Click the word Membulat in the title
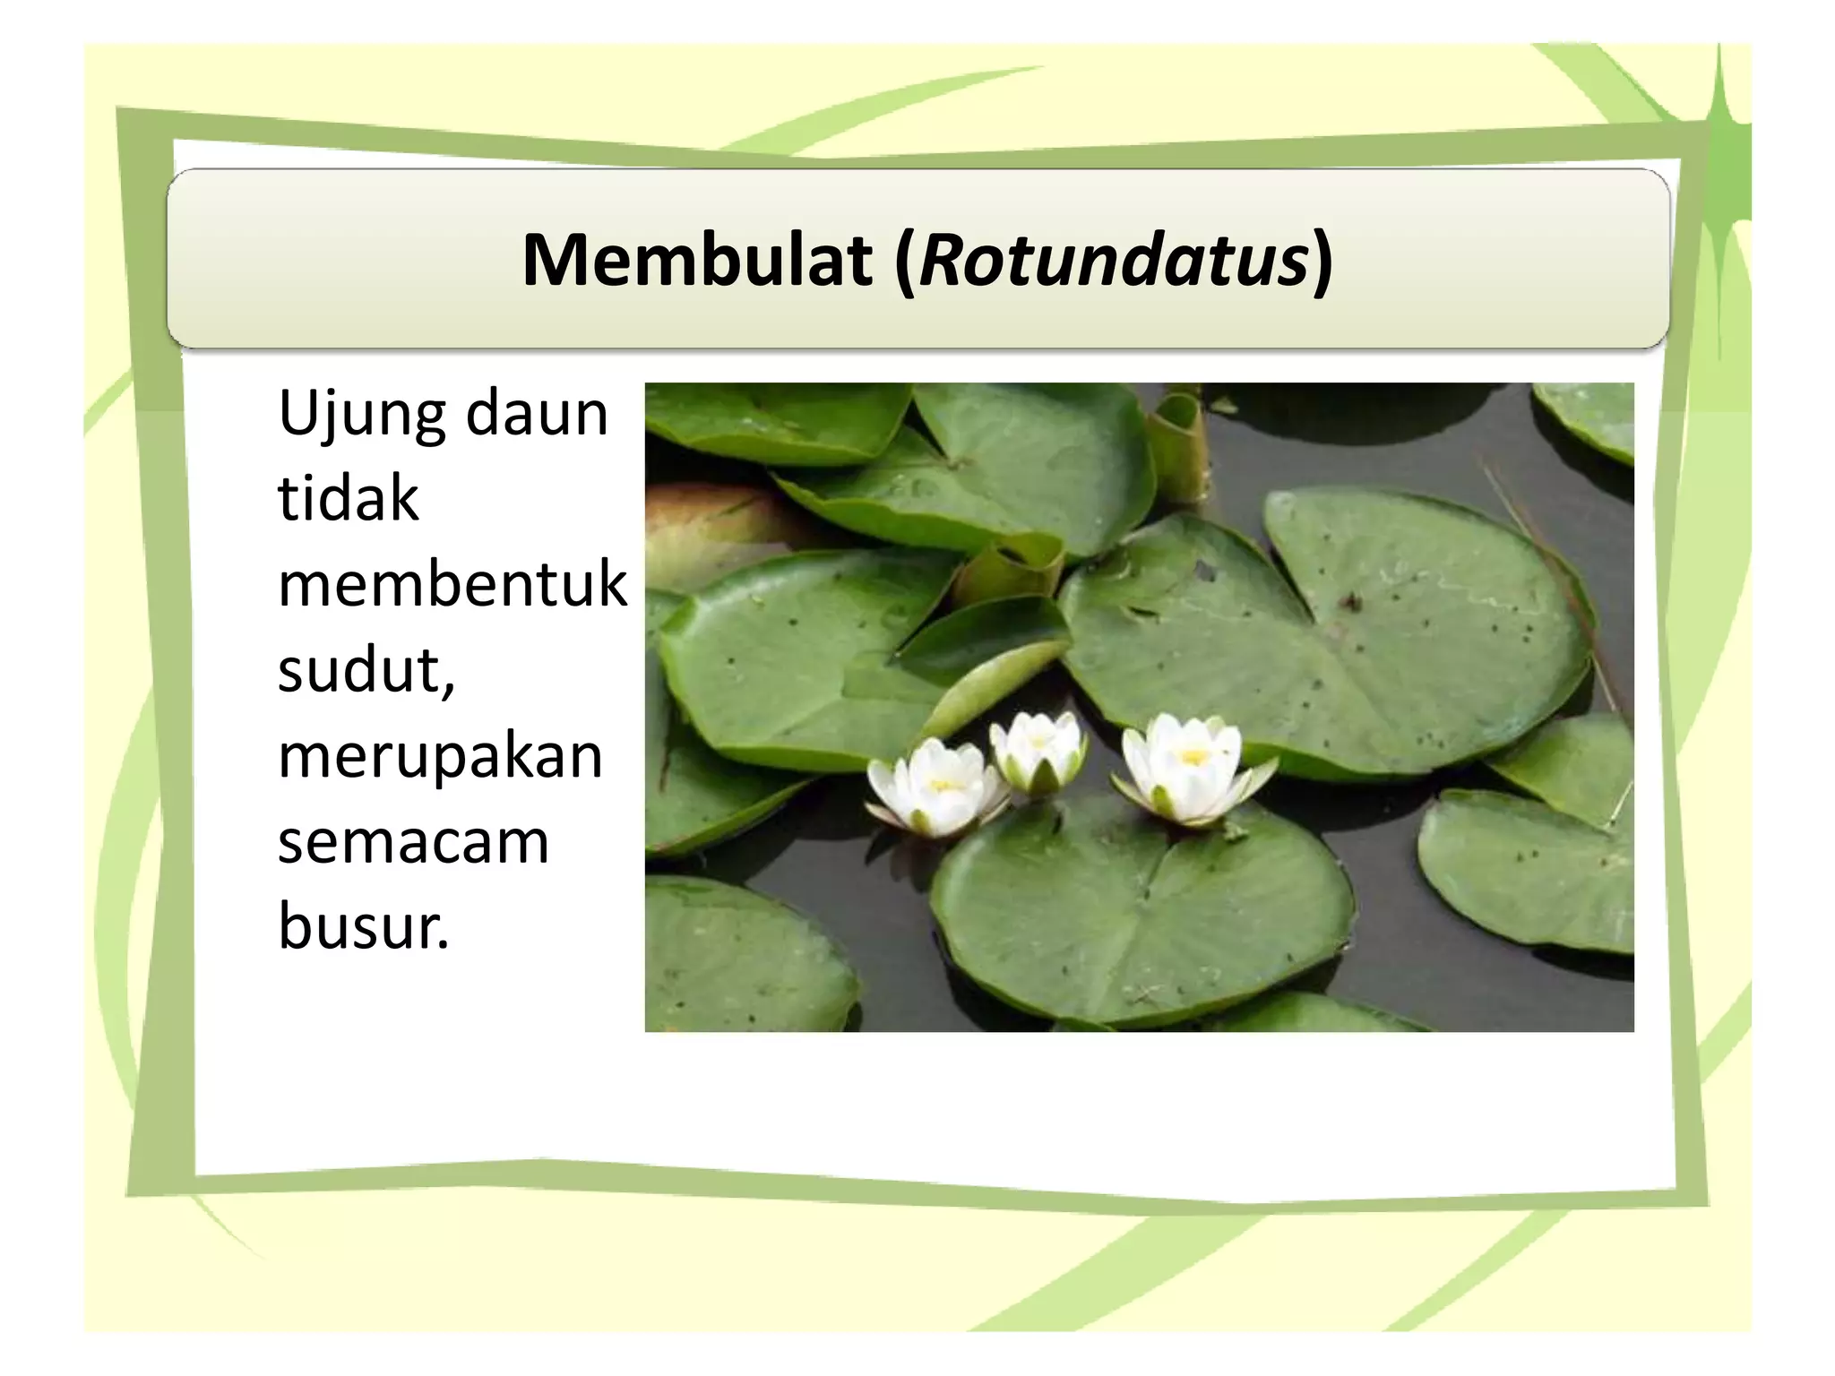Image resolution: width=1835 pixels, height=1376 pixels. click(x=697, y=261)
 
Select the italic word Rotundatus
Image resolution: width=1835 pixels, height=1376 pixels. click(x=1114, y=261)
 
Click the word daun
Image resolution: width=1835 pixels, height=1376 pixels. click(x=537, y=414)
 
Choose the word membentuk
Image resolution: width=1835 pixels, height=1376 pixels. click(x=452, y=584)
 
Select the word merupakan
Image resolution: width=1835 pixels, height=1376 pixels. click(x=440, y=758)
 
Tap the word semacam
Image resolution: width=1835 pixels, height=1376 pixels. click(x=413, y=842)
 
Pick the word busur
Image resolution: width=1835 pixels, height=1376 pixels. click(x=363, y=926)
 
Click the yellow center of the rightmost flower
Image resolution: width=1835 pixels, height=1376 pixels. click(x=1193, y=757)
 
